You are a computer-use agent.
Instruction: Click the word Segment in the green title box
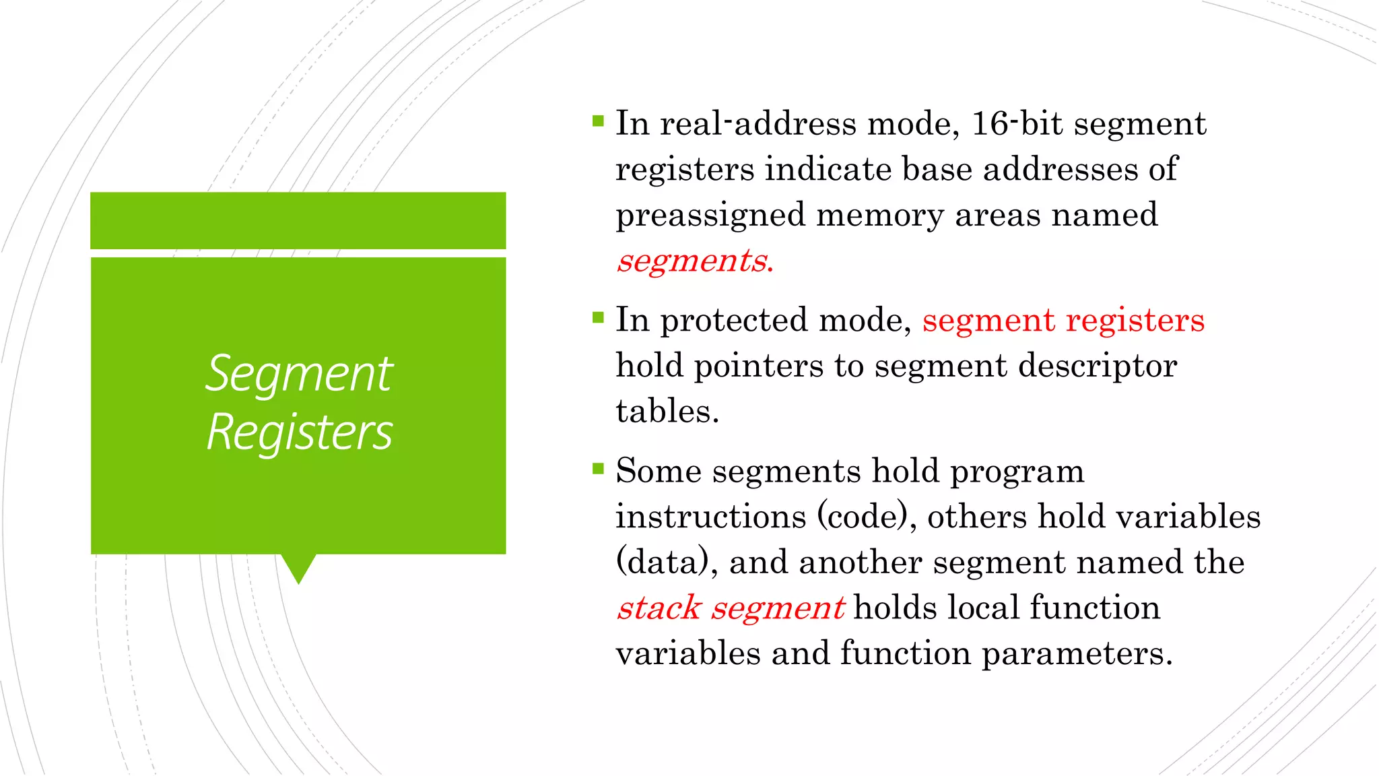299,374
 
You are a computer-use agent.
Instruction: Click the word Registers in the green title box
300,432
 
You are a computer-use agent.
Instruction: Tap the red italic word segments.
694,261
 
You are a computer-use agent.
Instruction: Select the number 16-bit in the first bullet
1017,124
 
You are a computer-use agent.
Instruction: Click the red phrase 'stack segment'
730,608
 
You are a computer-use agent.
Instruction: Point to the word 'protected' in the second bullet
733,321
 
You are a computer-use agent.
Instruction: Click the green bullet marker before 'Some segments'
598,469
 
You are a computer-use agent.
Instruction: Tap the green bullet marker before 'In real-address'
598,121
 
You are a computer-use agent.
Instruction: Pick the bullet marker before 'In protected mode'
598,318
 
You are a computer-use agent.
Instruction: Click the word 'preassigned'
710,216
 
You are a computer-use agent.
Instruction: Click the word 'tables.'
667,412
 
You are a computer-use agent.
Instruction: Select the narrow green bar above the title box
298,220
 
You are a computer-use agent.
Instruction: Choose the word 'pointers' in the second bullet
758,366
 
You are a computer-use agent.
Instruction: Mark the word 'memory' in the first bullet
880,216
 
